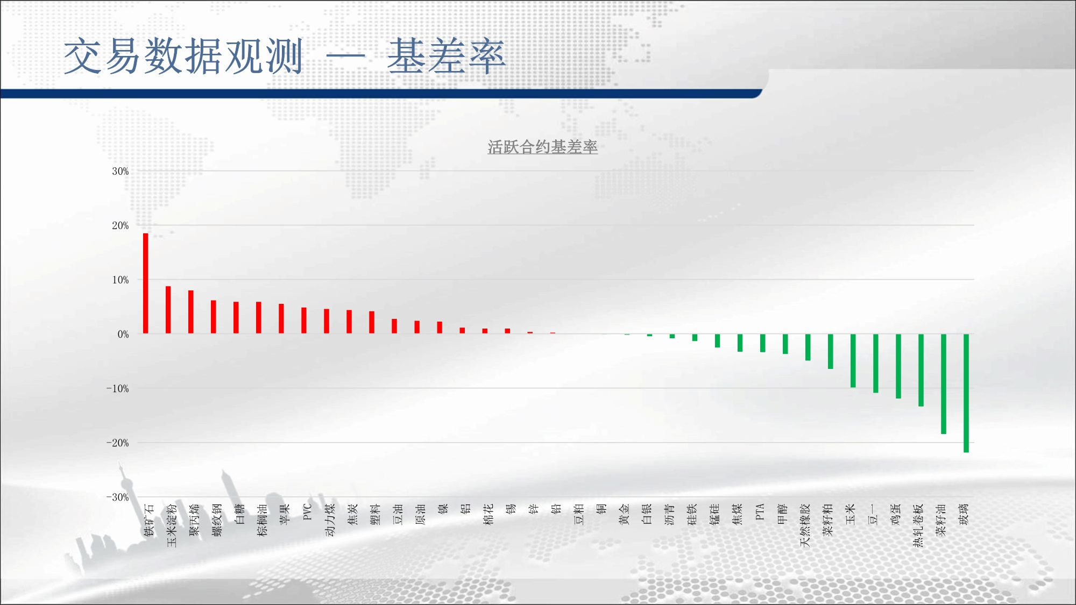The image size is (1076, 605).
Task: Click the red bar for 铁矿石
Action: pyautogui.click(x=145, y=283)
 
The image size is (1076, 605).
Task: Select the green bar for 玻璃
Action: pyautogui.click(x=966, y=393)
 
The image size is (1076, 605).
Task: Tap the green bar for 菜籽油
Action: pyautogui.click(x=944, y=384)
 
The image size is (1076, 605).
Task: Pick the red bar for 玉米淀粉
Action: pyautogui.click(x=168, y=310)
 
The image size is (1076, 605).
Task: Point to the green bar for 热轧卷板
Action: pyautogui.click(x=921, y=370)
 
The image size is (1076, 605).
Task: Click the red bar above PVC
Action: pyautogui.click(x=304, y=321)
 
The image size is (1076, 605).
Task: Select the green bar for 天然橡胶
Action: pyautogui.click(x=808, y=347)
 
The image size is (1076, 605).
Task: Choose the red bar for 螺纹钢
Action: pyautogui.click(x=214, y=317)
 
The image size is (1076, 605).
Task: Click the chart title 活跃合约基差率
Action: pyautogui.click(x=542, y=147)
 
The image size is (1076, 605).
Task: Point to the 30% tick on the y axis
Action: pyautogui.click(x=121, y=171)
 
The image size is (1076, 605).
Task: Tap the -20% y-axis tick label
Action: pyautogui.click(x=118, y=443)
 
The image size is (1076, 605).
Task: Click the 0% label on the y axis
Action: pyautogui.click(x=123, y=334)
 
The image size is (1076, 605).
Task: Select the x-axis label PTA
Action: pyautogui.click(x=760, y=511)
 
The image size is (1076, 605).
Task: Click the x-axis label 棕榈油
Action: pyautogui.click(x=262, y=520)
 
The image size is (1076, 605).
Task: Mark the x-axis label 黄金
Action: pyautogui.click(x=624, y=514)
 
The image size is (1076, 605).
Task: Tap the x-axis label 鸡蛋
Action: pyautogui.click(x=895, y=514)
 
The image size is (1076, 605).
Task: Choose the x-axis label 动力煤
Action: pyautogui.click(x=330, y=520)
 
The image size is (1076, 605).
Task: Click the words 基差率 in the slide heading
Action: pyautogui.click(x=447, y=56)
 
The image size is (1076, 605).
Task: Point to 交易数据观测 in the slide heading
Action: pyautogui.click(x=183, y=56)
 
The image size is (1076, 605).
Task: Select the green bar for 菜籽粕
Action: pyautogui.click(x=831, y=352)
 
